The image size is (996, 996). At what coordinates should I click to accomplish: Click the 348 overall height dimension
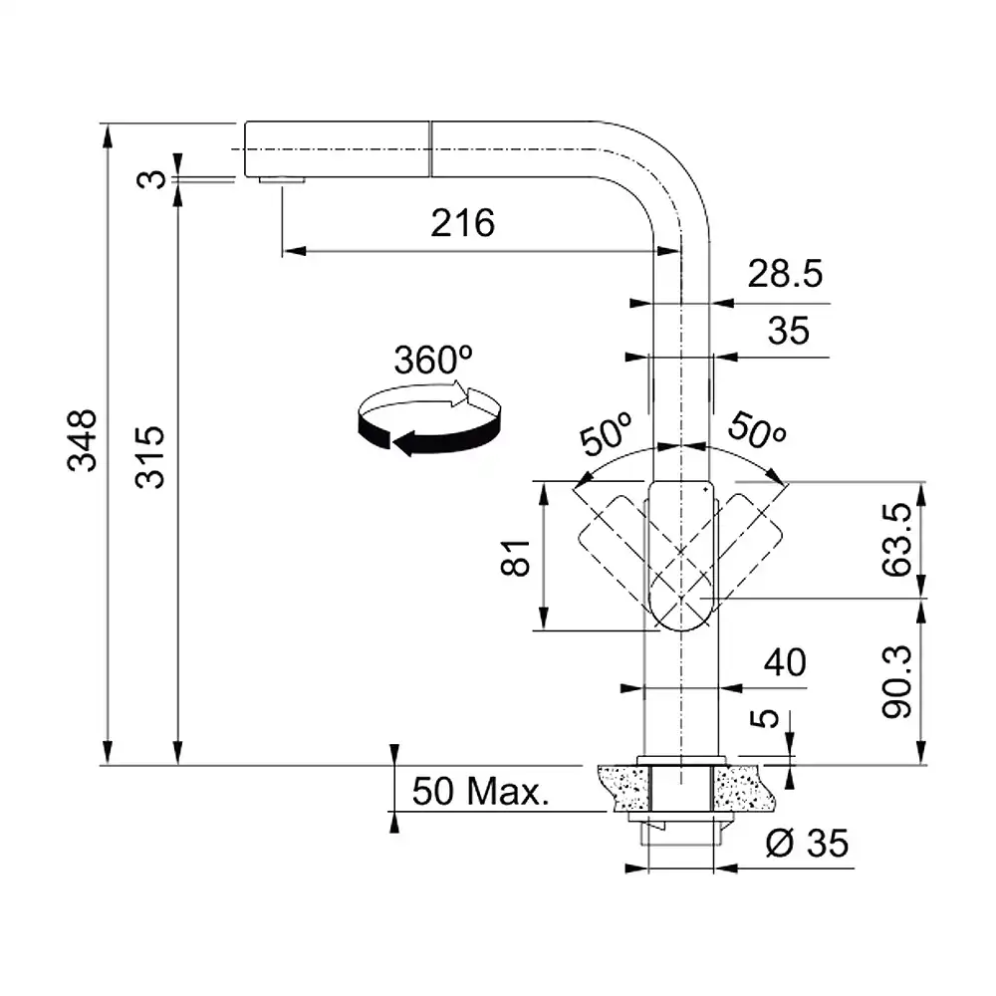coord(83,440)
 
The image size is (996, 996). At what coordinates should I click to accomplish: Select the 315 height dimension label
coord(150,457)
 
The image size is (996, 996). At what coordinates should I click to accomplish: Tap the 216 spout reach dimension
coord(462,223)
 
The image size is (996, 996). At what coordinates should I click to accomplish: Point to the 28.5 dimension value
coord(785,274)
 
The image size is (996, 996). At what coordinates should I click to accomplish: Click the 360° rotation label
coord(432,360)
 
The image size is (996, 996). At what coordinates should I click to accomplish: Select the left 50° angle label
coord(606,434)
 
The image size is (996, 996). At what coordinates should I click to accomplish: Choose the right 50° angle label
coord(757,430)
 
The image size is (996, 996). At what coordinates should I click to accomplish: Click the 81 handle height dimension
coord(515,558)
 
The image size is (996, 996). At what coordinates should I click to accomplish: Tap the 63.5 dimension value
coord(897,539)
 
